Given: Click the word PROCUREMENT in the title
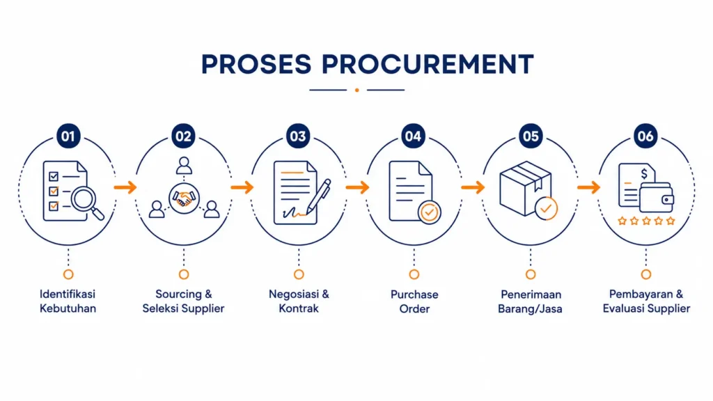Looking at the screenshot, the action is point(428,64).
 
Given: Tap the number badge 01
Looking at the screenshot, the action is point(68,136).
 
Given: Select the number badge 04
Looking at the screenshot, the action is point(414,136).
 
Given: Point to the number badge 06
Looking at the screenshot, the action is point(645,136).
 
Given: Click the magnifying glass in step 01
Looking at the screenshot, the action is point(87,203).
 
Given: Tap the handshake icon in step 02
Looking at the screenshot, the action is point(184,198).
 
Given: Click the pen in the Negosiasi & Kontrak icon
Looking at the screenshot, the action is point(318,196).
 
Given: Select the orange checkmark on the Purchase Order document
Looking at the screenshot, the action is point(429,212).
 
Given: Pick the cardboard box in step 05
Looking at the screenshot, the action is point(526,188).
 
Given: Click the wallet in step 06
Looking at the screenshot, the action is point(657,198).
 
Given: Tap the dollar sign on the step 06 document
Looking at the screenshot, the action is point(644,173).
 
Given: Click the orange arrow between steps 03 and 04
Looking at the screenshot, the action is point(357,187).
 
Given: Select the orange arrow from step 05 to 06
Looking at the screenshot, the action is point(589,187).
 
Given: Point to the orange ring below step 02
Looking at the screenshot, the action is point(184,274).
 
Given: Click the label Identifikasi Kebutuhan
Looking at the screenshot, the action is point(68,301).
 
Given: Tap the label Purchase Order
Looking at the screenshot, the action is point(414,301).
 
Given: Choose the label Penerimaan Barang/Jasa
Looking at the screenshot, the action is point(530,301).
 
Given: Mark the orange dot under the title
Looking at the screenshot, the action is point(357,90).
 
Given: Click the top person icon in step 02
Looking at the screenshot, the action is point(184,166).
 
